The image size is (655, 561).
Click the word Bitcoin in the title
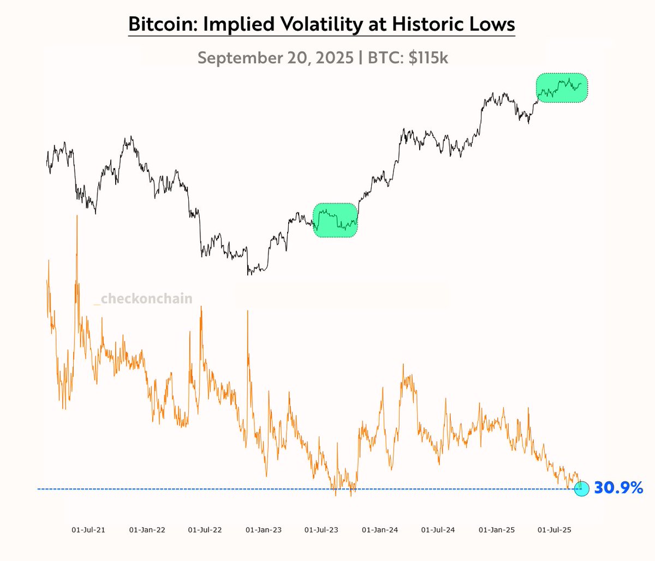(160, 25)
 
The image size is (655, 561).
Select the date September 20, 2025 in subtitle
(275, 57)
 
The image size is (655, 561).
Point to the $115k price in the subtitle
(428, 57)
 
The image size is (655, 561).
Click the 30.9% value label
(618, 488)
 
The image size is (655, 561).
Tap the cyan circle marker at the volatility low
(582, 488)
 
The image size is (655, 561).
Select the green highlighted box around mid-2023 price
(335, 220)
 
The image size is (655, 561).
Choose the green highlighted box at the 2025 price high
(562, 87)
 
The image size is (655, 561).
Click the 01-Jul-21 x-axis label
(88, 530)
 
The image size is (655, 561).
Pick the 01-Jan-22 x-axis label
(147, 530)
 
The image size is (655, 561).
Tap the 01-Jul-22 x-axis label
(205, 530)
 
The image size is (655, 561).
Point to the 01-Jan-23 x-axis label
(264, 530)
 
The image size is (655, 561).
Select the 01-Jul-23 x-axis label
(321, 530)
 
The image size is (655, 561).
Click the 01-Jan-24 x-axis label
(380, 530)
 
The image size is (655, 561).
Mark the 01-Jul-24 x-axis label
(438, 530)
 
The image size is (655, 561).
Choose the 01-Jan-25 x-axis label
(497, 530)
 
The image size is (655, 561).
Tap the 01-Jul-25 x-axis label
(554, 530)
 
